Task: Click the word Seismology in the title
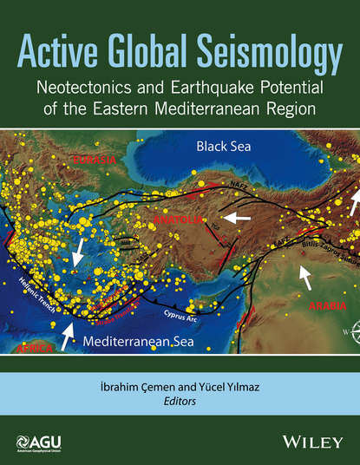[272, 39]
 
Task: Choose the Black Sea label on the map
[223, 145]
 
